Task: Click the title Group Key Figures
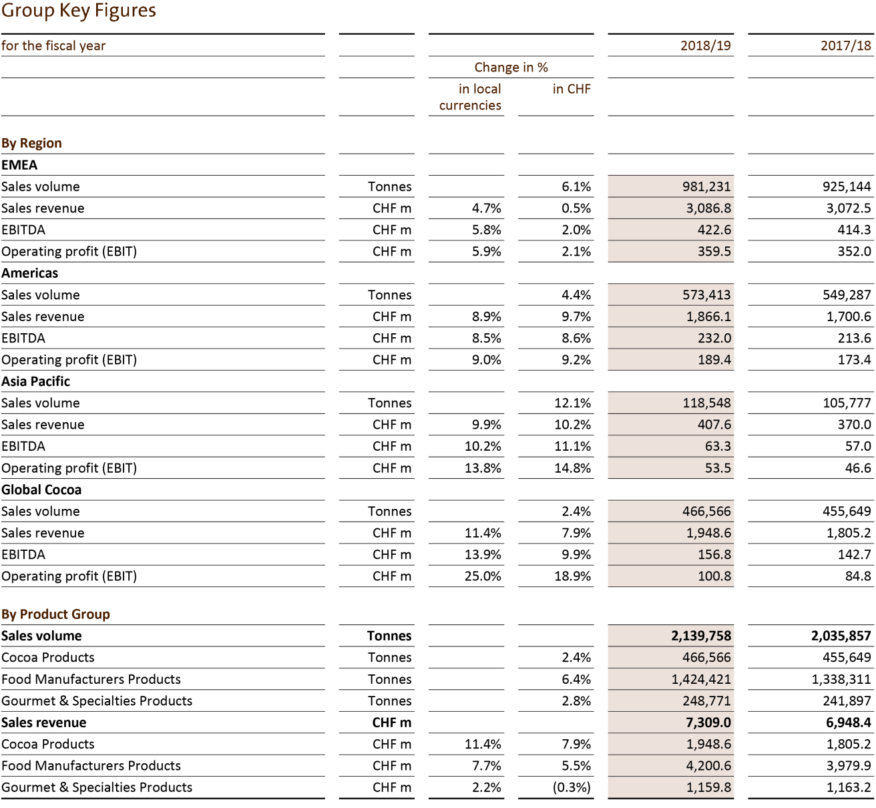click(79, 11)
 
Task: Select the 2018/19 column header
click(705, 45)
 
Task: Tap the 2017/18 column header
click(845, 45)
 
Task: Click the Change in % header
click(511, 67)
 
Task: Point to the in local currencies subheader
click(470, 97)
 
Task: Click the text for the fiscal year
click(53, 45)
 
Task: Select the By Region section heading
click(31, 143)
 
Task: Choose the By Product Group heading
click(55, 614)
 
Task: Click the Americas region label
click(29, 273)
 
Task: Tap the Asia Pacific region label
click(35, 381)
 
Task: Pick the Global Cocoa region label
click(41, 489)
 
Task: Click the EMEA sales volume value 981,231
click(706, 187)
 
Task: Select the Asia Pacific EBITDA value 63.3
click(718, 446)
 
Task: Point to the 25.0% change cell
click(483, 576)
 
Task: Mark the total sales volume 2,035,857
click(841, 636)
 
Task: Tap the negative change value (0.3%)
click(572, 787)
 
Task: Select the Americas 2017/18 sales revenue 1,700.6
click(849, 317)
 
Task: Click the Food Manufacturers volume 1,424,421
click(701, 679)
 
